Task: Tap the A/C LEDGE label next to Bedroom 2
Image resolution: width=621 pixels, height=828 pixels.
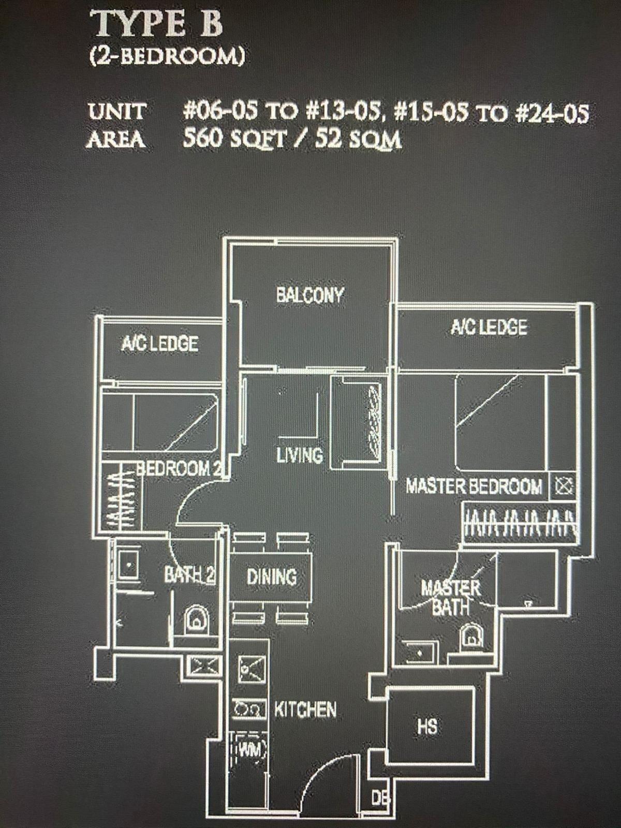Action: [x=159, y=344]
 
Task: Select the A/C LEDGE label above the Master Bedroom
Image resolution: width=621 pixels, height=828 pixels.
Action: [x=489, y=327]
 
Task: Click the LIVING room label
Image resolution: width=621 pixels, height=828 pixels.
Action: [x=300, y=455]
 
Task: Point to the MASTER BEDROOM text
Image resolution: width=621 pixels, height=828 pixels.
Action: [x=474, y=486]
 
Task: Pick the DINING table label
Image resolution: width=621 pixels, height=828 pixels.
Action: [x=271, y=576]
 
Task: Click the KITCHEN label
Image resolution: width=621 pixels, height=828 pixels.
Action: [x=305, y=709]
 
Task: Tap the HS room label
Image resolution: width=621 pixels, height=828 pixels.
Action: [x=427, y=726]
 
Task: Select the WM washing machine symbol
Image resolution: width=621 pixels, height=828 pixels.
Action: [x=250, y=749]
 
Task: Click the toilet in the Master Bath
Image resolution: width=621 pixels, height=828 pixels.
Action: [x=470, y=636]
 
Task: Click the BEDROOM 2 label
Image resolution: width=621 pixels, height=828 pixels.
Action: [x=179, y=468]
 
